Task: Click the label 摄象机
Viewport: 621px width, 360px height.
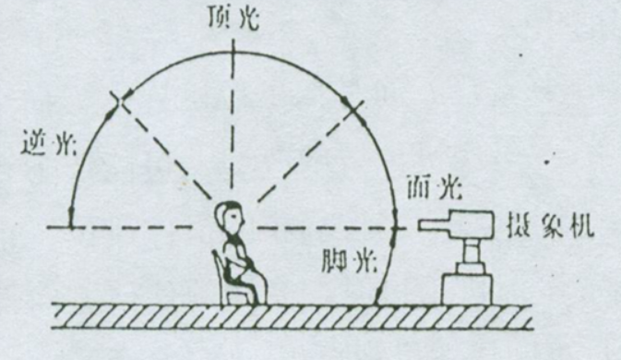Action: coord(558,225)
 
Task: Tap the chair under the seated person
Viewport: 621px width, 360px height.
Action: coord(227,281)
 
